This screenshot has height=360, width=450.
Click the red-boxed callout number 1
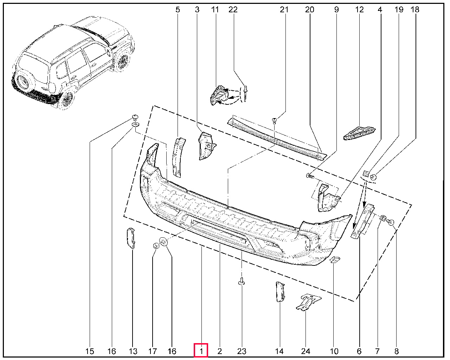coord(201,351)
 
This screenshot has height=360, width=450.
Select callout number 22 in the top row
coord(233,9)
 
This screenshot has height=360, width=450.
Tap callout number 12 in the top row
coord(359,9)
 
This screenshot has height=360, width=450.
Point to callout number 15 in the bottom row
coord(90,351)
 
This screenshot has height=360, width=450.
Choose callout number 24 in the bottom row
coord(306,351)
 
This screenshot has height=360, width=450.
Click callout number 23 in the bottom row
coord(242,351)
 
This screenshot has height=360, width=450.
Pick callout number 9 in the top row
coord(336,9)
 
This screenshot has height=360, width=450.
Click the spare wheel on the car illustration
coord(22,82)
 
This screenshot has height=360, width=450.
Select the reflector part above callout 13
coord(131,238)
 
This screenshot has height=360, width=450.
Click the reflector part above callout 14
coord(280,291)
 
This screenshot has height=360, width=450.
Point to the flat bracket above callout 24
coord(308,302)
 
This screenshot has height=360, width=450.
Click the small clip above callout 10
coord(335,260)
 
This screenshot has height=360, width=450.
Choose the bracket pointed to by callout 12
coord(359,133)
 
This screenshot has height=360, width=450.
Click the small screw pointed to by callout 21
coord(274,121)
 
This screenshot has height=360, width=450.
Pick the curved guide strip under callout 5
coord(178,157)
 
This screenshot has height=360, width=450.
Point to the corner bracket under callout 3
coord(207,146)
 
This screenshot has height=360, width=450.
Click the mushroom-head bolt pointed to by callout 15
coord(135,117)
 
